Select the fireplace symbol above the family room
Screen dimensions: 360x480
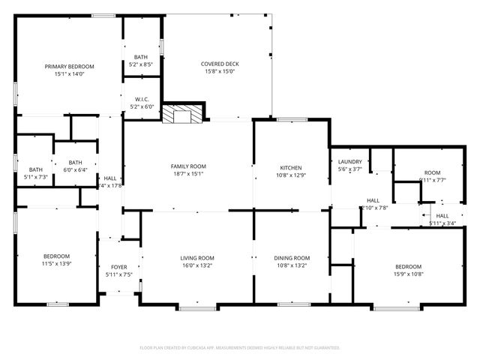click(x=184, y=115)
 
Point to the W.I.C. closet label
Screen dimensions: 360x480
click(x=141, y=99)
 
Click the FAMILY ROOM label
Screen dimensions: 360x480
click(x=188, y=166)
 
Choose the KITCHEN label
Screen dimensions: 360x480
click(x=291, y=167)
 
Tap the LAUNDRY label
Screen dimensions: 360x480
click(x=350, y=162)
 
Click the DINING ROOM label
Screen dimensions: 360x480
click(x=292, y=258)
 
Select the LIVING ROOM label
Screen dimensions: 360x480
click(x=197, y=258)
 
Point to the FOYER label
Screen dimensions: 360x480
click(x=119, y=267)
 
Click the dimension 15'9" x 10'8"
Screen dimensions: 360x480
click(x=409, y=274)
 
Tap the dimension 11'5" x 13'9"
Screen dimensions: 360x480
click(x=56, y=263)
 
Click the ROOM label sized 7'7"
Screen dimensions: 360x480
click(x=432, y=172)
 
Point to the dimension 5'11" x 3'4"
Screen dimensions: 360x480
click(x=442, y=223)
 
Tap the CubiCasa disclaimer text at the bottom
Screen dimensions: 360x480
click(x=240, y=348)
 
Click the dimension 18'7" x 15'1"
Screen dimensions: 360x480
click(x=188, y=174)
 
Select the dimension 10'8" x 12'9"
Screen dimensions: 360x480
click(x=291, y=175)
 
